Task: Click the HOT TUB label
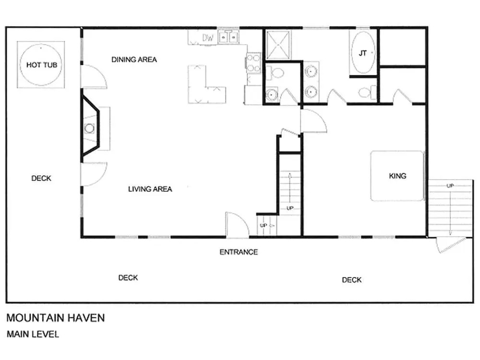click(x=42, y=65)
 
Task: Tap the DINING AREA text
click(x=134, y=60)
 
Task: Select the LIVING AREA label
click(x=150, y=189)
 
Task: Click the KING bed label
click(x=397, y=176)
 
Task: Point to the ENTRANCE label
click(x=239, y=252)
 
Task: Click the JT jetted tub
click(x=363, y=53)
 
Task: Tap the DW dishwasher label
click(x=207, y=37)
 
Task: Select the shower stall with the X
click(x=278, y=45)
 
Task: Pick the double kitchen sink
click(x=228, y=37)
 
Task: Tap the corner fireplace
click(x=91, y=128)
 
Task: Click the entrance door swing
click(x=237, y=225)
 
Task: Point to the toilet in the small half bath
click(x=275, y=73)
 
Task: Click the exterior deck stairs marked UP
click(x=450, y=208)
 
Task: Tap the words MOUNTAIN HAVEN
click(x=55, y=318)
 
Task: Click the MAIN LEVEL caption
click(x=33, y=334)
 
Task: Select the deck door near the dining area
click(x=94, y=77)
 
